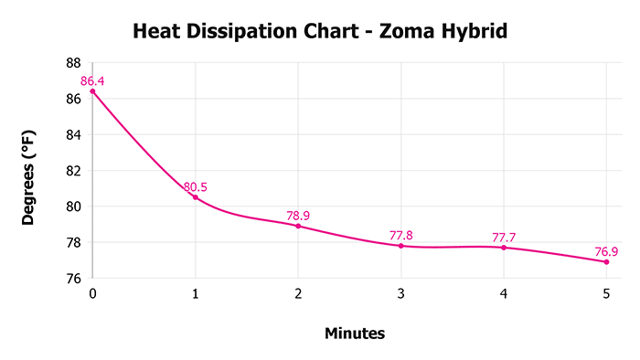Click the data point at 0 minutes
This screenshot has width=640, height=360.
(x=92, y=91)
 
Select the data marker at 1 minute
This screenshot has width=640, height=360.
(x=195, y=197)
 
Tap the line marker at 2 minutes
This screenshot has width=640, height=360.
(x=298, y=226)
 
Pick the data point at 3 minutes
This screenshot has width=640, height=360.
(x=400, y=246)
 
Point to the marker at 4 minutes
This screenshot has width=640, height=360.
(x=504, y=248)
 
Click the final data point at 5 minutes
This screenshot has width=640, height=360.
(x=606, y=262)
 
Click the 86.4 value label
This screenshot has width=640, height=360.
(x=92, y=81)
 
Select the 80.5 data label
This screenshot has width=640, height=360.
(x=196, y=187)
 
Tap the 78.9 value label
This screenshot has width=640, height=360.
(x=299, y=216)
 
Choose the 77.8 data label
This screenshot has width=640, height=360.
(x=400, y=235)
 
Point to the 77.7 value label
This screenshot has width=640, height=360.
(x=504, y=237)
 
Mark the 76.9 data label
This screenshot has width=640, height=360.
(x=606, y=251)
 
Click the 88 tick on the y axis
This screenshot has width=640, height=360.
(x=73, y=63)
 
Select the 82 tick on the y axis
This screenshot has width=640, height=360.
(x=73, y=171)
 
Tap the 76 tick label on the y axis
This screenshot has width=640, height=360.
(x=73, y=279)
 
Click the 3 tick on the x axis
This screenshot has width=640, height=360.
(x=400, y=294)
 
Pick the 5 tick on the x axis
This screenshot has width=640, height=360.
(x=606, y=294)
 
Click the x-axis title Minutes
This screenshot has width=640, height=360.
(x=355, y=334)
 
